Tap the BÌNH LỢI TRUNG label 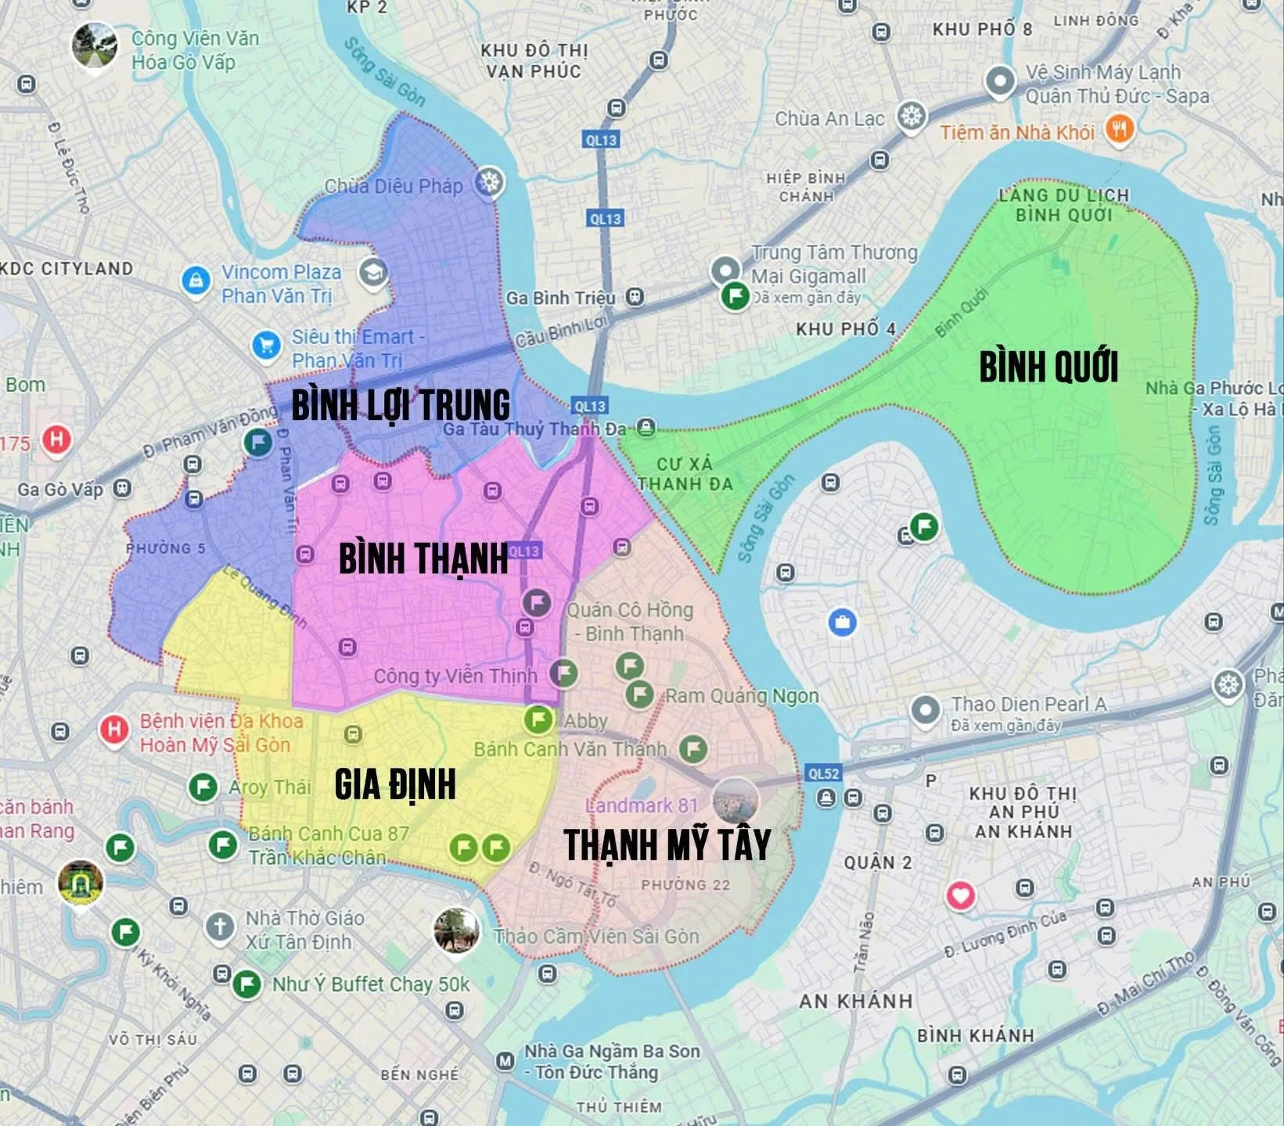pyautogui.click(x=401, y=405)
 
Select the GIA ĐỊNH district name pyautogui.click(x=395, y=784)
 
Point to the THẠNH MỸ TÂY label pyautogui.click(x=667, y=844)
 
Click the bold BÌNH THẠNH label pyautogui.click(x=423, y=558)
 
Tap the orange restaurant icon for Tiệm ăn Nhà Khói pyautogui.click(x=1120, y=129)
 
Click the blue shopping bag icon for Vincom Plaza pyautogui.click(x=196, y=280)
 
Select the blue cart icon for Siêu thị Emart pyautogui.click(x=267, y=345)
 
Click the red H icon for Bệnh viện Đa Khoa pyautogui.click(x=114, y=730)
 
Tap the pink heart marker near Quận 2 pyautogui.click(x=961, y=895)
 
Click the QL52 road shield pyautogui.click(x=823, y=773)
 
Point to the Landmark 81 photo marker pyautogui.click(x=736, y=801)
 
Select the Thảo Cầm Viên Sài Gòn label pyautogui.click(x=596, y=936)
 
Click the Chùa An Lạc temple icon pyautogui.click(x=912, y=117)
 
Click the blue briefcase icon pyautogui.click(x=842, y=622)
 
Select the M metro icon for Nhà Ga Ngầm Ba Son pyautogui.click(x=505, y=1061)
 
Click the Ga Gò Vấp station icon pyautogui.click(x=121, y=489)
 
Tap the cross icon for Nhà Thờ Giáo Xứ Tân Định pyautogui.click(x=220, y=927)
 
